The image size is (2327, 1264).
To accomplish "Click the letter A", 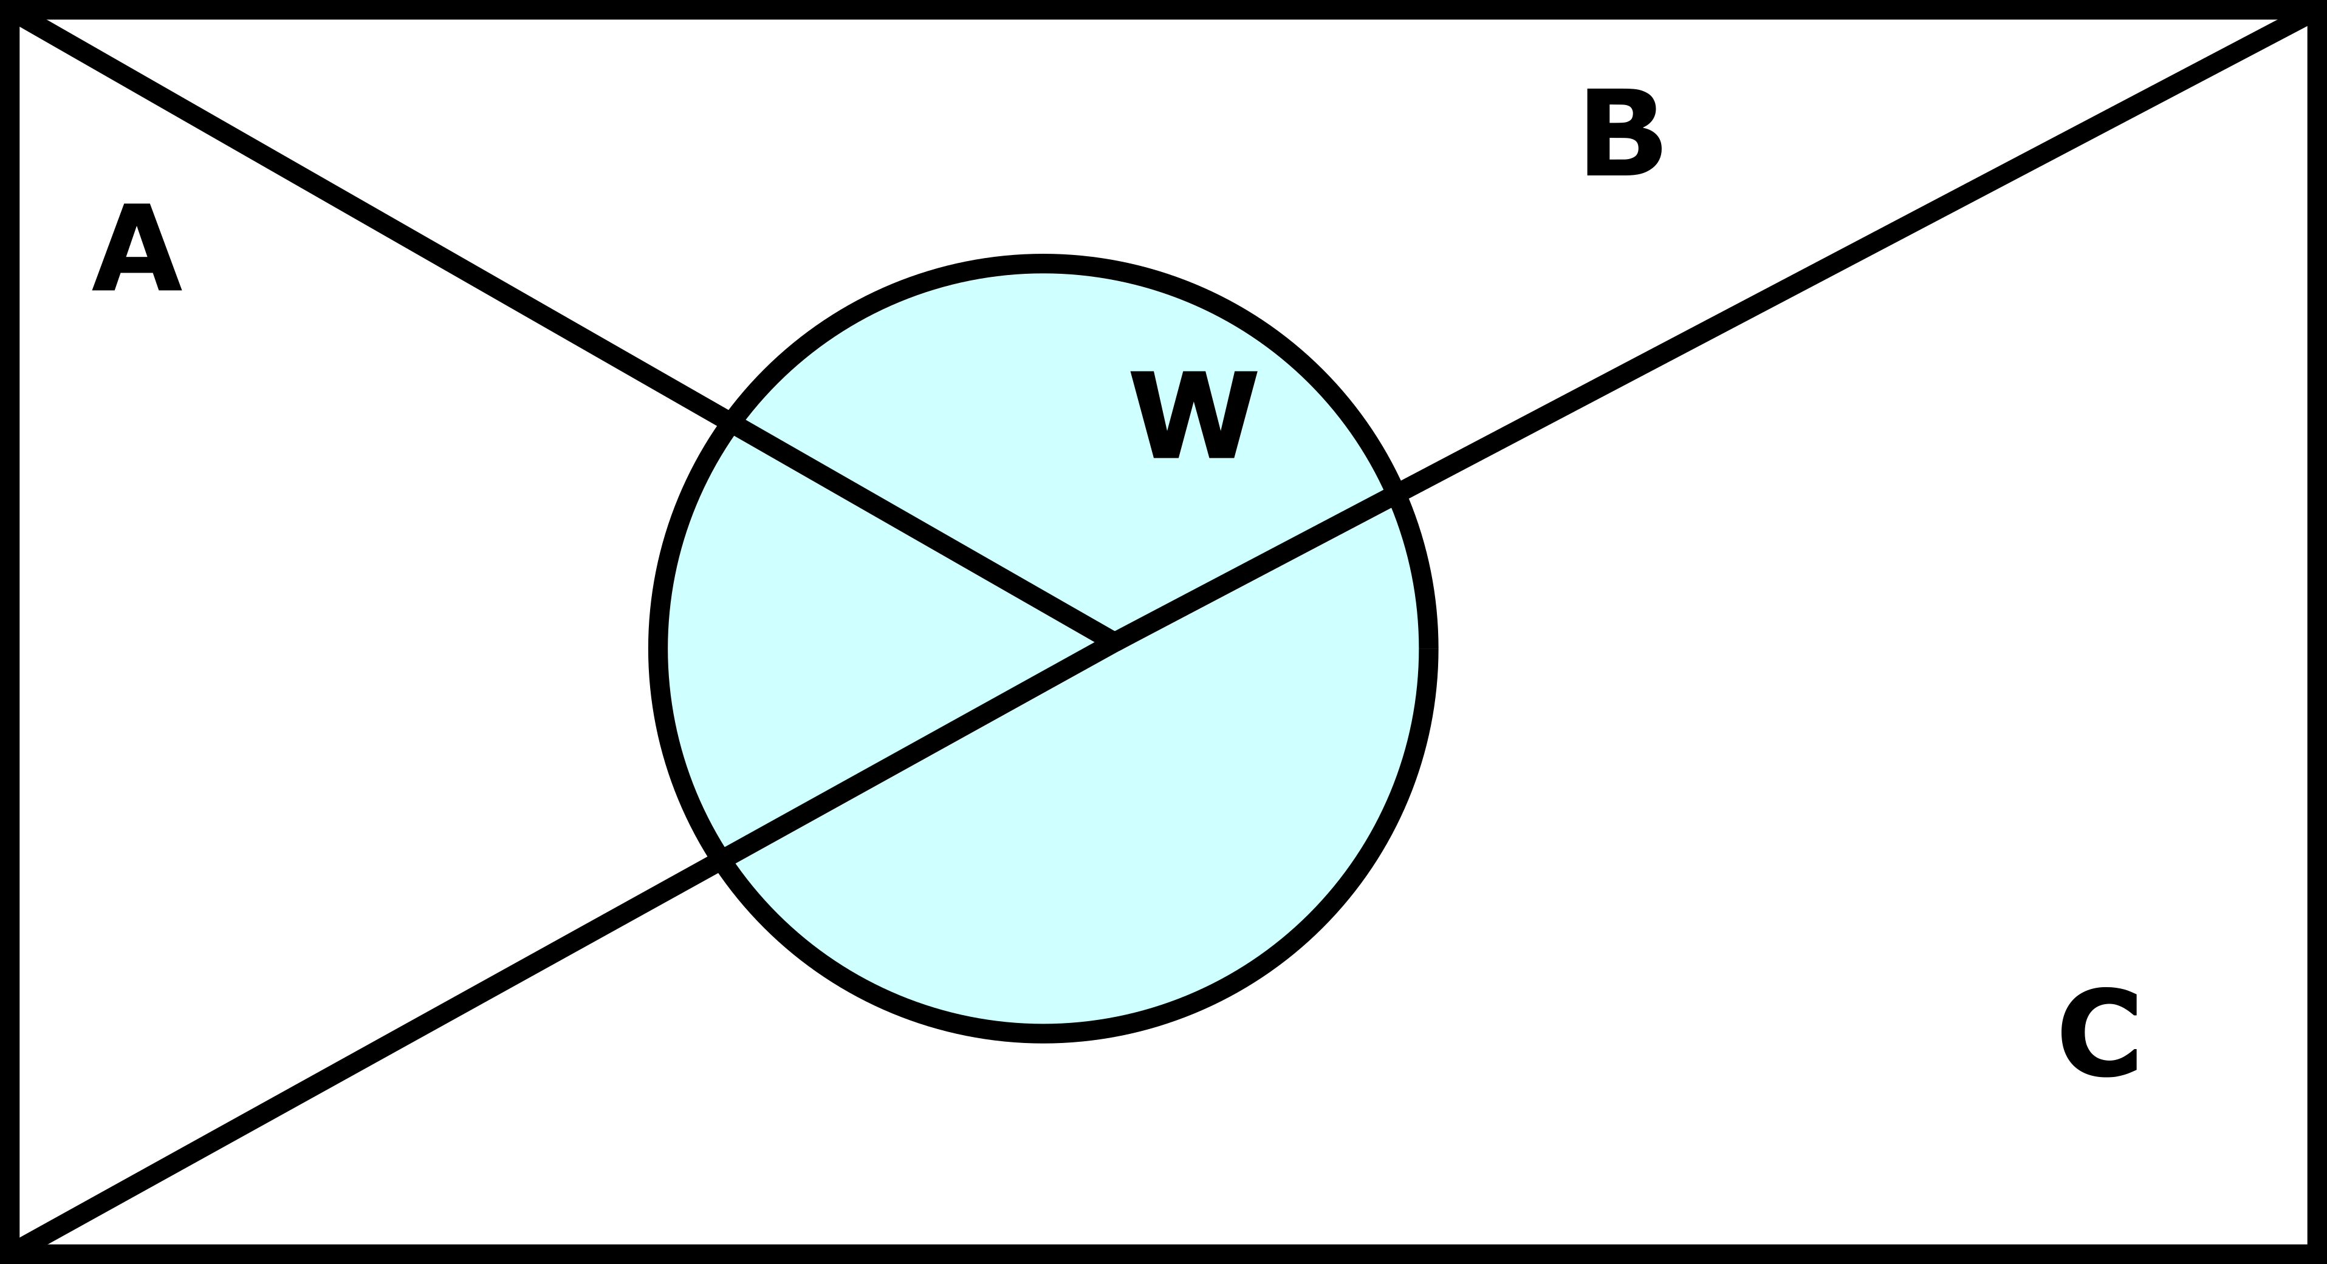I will pyautogui.click(x=137, y=247).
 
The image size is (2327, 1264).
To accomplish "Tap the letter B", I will pyautogui.click(x=1623, y=133).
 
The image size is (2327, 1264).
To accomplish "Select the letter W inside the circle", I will pyautogui.click(x=1193, y=415).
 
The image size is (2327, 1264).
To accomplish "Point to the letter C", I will pyautogui.click(x=2099, y=1032).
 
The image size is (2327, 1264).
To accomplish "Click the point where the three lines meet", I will pyautogui.click(x=1114, y=642).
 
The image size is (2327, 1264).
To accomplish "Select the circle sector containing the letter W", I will pyautogui.click(x=1084, y=433).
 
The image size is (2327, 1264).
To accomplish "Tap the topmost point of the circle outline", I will pyautogui.click(x=1043, y=263).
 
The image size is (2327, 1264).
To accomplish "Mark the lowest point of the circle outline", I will pyautogui.click(x=1043, y=1034).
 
